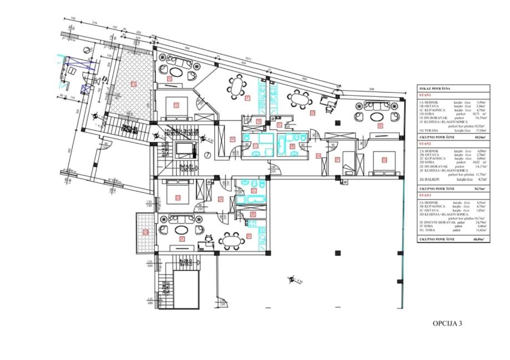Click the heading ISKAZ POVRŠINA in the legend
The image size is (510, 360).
coord(435,89)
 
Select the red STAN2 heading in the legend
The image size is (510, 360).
coord(425,143)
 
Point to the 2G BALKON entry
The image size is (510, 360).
coord(431,180)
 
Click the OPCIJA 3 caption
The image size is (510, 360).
coord(447,323)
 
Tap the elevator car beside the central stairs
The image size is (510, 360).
coord(183,149)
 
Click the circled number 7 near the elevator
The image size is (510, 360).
coord(206,155)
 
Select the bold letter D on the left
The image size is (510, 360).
coord(104,79)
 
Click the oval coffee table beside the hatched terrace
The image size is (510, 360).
coord(176,72)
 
